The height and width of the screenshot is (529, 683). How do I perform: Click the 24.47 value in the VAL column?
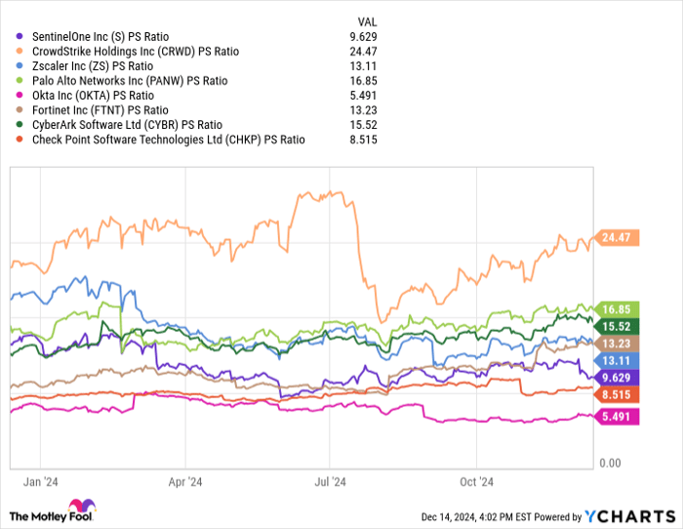pos(361,50)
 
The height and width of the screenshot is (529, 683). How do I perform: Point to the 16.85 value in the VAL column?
pos(361,80)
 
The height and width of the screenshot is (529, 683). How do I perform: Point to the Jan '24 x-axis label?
pos(40,481)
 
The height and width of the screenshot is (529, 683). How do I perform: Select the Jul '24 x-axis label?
pos(330,481)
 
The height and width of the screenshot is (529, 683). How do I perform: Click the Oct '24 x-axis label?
pos(476,481)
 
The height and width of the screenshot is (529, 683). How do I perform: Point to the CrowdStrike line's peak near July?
pos(332,191)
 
